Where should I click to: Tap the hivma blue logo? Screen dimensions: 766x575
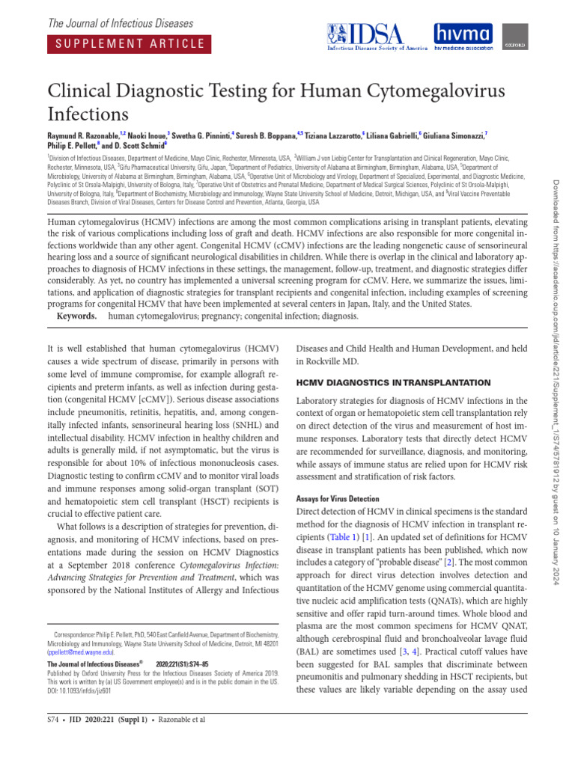(463, 34)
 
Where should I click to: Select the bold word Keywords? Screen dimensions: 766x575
(77, 316)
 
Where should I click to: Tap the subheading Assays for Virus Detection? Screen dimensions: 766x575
(338, 498)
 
